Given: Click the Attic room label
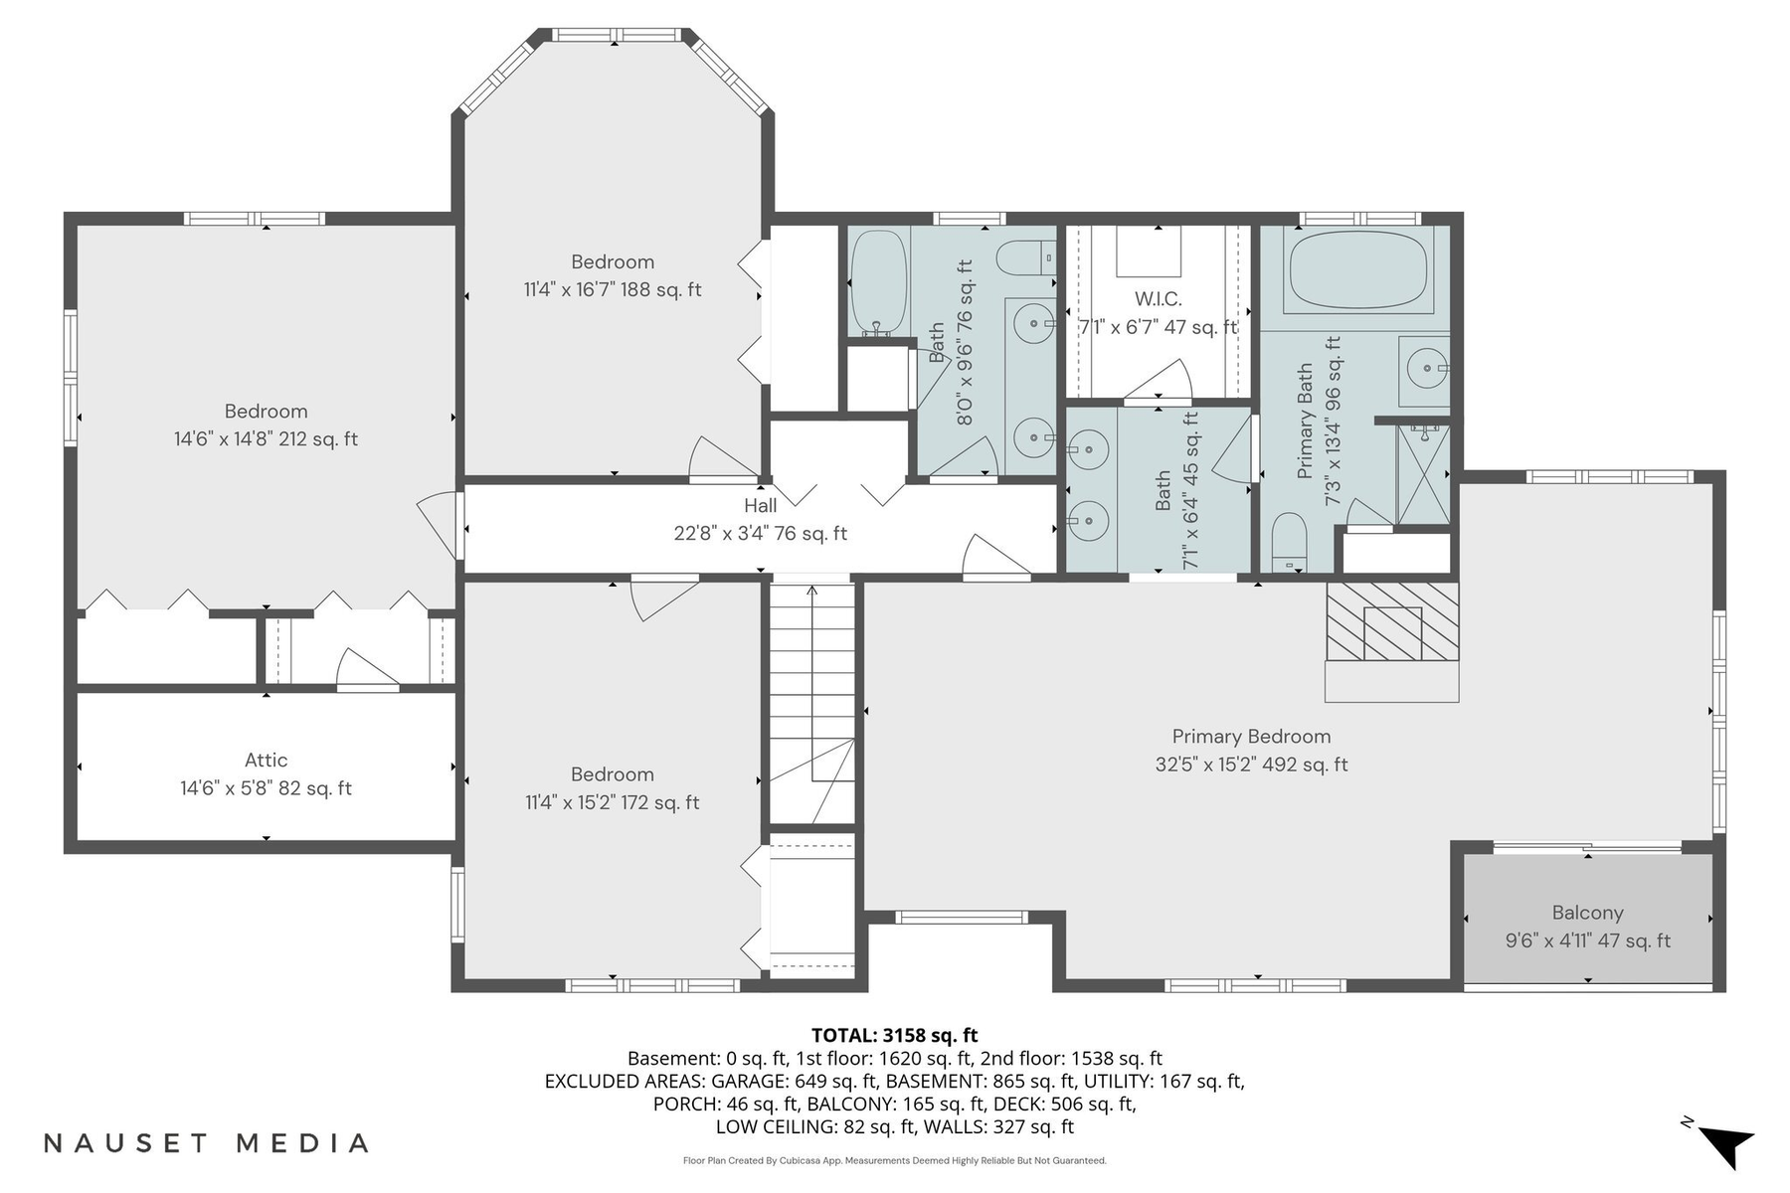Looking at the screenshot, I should point(266,761).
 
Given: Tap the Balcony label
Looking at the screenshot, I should point(1587,913).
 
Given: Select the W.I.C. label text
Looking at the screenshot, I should point(1158,299).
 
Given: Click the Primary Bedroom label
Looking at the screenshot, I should point(1251,737).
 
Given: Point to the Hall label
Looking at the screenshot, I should point(760,506).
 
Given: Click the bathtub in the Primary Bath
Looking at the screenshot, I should point(1357,271).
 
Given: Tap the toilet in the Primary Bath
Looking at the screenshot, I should point(1289,542).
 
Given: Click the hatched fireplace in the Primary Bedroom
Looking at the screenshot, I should point(1392,622).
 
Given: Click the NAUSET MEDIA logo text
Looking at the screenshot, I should point(207,1143).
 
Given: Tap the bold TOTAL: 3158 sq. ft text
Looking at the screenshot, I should point(894,1035).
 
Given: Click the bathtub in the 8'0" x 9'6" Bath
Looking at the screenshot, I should point(878,282).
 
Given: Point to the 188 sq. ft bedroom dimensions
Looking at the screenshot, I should point(612,290).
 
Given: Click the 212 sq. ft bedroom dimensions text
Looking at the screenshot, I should point(266,439).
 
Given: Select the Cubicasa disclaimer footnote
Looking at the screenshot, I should point(894,1160).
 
